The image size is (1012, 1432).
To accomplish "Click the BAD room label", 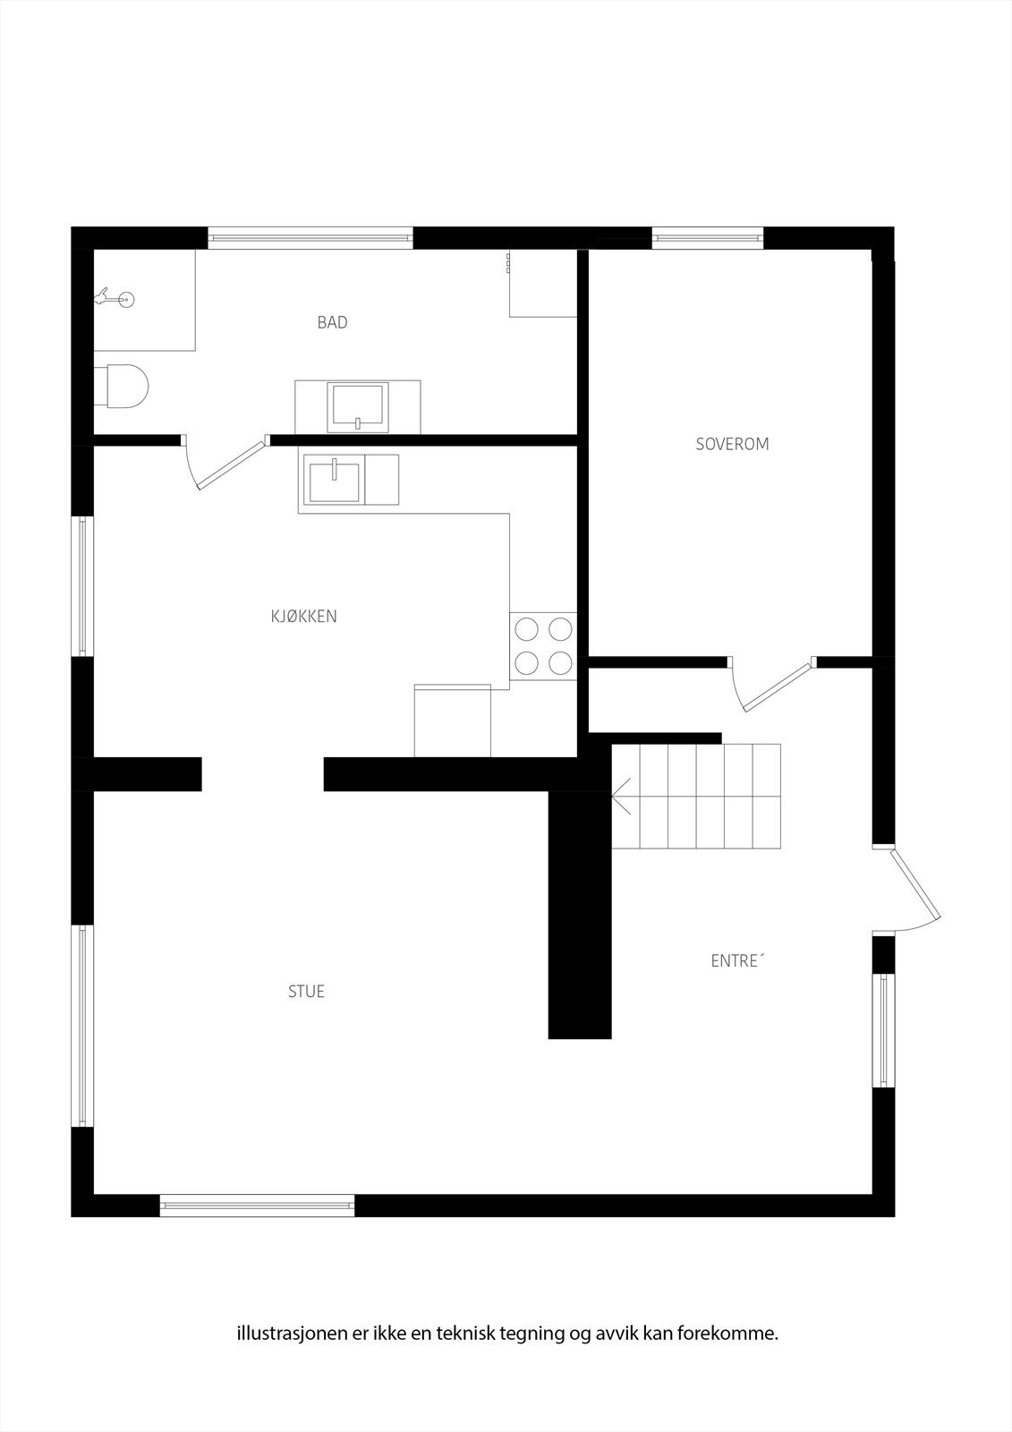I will (332, 322).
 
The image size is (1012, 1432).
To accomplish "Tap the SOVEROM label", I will (732, 444).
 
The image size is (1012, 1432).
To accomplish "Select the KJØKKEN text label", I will (303, 616).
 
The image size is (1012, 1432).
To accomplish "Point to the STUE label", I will (306, 991).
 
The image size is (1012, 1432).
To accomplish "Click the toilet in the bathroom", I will (125, 386).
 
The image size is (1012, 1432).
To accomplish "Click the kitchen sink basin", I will (333, 480).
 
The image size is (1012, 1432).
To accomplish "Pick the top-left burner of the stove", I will (526, 629).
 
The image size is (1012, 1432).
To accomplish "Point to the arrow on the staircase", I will (622, 795).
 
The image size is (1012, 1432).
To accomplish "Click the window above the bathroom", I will (310, 238).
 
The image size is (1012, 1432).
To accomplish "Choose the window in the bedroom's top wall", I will (708, 237).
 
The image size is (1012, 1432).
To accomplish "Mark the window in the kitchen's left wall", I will (82, 586).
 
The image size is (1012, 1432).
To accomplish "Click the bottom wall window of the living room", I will (258, 1206).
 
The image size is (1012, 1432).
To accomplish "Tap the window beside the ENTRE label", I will (884, 1029).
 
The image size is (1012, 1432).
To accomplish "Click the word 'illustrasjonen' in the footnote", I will (288, 1334).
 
